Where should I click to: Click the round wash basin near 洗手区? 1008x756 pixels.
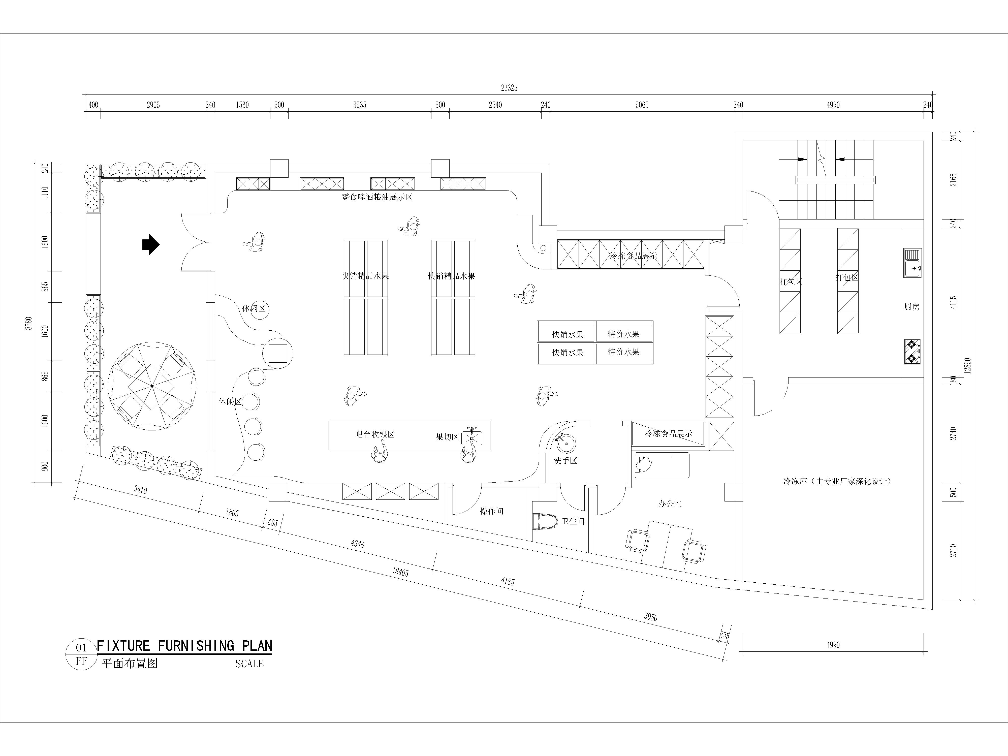point(566,443)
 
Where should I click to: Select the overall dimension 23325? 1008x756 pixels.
point(509,88)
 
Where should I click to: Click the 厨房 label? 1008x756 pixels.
point(912,307)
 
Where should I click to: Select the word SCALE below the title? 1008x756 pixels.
point(249,664)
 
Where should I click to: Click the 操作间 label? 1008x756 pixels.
point(492,511)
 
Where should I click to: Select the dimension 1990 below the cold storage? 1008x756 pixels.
point(833,645)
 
